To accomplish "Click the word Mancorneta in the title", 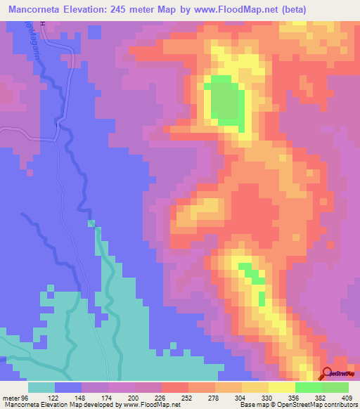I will [x=31, y=11].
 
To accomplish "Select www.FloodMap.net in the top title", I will [x=258, y=11].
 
